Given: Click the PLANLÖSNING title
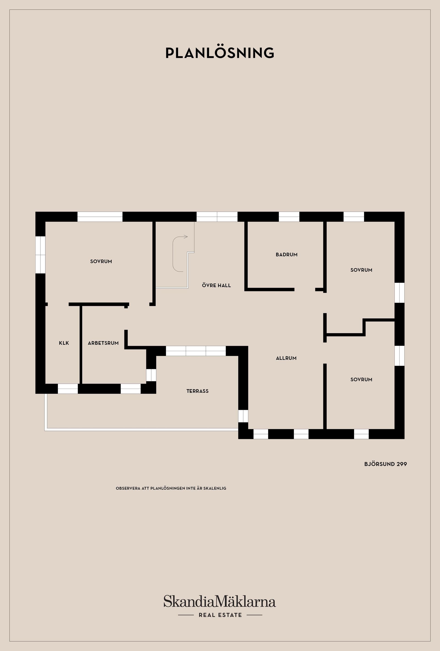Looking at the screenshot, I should click(x=220, y=53).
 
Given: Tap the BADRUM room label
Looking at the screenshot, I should click(x=286, y=255).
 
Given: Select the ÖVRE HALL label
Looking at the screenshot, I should click(x=216, y=285).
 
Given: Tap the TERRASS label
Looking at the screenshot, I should click(x=197, y=391).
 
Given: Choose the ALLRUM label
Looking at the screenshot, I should click(x=286, y=358).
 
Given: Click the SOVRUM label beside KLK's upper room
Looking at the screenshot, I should click(x=101, y=261).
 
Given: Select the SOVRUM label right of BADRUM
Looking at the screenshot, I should click(x=361, y=270).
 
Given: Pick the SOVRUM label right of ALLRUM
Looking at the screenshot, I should click(x=361, y=380).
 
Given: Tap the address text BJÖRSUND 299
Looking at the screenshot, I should click(x=385, y=464).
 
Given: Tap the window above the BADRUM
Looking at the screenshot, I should click(x=289, y=216).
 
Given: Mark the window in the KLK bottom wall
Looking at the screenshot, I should click(x=68, y=389).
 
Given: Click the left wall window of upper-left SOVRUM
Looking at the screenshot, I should click(x=40, y=254).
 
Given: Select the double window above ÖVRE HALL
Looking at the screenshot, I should click(x=217, y=216).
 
